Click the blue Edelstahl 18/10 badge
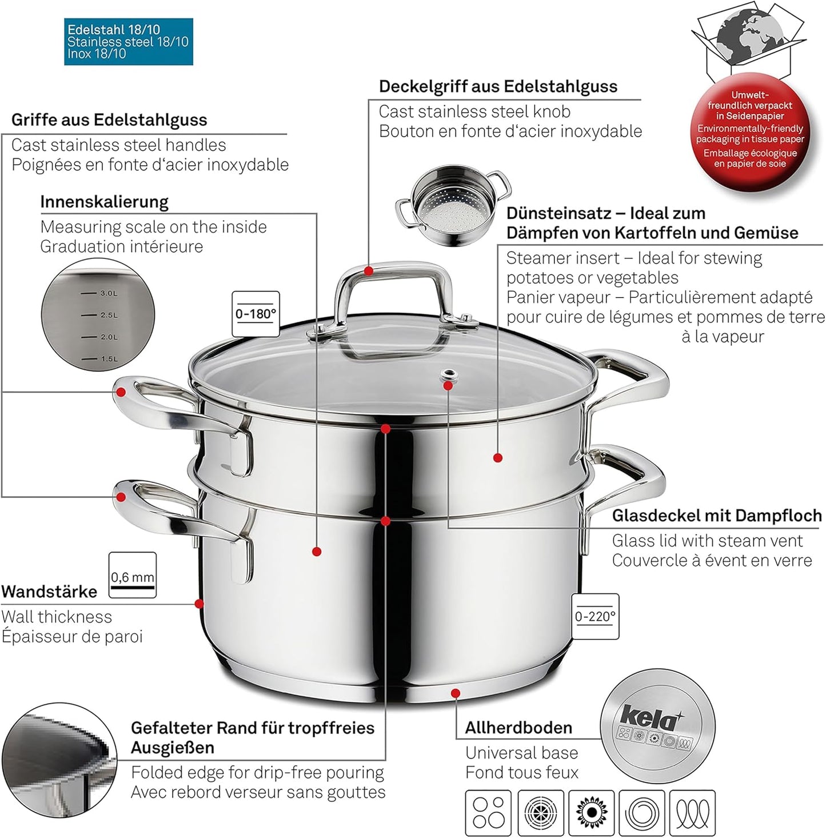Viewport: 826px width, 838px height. pos(128,42)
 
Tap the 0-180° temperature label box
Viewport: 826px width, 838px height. pos(256,313)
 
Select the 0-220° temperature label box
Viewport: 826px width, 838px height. pos(595,616)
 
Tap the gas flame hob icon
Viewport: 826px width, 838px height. pos(592,812)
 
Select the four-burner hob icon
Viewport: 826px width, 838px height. pos(489,812)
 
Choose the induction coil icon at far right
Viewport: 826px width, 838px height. pos(692,812)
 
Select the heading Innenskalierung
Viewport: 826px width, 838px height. pos(104,202)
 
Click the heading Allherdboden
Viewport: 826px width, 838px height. pos(518,728)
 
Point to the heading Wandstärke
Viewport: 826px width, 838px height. pos(49,592)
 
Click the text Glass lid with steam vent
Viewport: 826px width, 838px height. pos(707,541)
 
